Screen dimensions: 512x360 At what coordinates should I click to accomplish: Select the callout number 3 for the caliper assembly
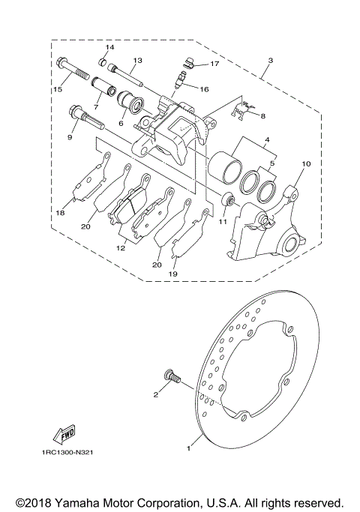click(x=270, y=59)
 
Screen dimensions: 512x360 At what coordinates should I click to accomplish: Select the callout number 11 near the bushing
click(x=222, y=220)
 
